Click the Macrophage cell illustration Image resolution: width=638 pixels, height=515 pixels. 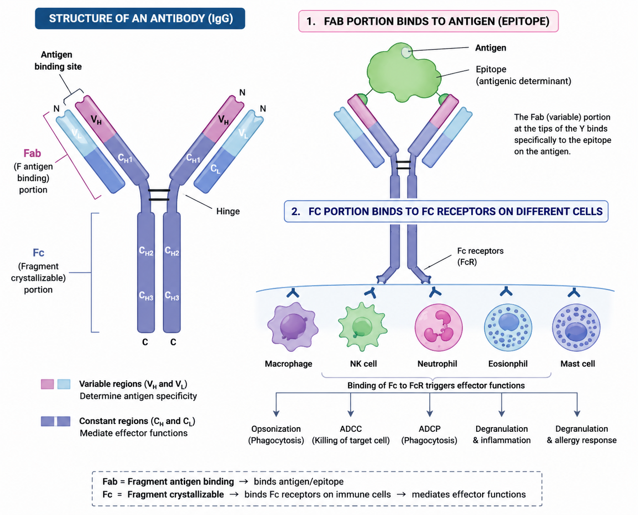(x=292, y=326)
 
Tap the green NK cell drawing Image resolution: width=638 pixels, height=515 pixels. (x=362, y=326)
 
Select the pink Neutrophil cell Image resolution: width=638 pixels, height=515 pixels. (x=439, y=327)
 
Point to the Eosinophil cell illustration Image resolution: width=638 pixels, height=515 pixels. (x=508, y=327)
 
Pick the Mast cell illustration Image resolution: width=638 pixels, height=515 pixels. (x=576, y=327)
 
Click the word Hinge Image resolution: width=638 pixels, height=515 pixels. (x=228, y=212)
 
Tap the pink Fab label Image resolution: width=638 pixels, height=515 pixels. (x=32, y=153)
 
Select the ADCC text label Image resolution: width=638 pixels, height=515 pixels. (x=351, y=429)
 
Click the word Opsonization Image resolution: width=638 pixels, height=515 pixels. (x=276, y=429)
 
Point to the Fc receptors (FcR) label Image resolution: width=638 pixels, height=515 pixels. (x=480, y=256)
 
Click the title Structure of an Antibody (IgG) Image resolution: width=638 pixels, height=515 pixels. (x=140, y=18)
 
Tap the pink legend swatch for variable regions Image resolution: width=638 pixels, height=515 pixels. (x=48, y=384)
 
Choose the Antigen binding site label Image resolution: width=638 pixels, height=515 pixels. (x=58, y=60)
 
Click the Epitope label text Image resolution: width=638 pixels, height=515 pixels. (x=491, y=69)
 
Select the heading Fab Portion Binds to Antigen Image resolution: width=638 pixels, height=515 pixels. (x=428, y=21)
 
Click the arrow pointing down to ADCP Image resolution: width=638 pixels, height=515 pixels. (x=430, y=404)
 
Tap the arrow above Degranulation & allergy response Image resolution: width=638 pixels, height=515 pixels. (x=577, y=404)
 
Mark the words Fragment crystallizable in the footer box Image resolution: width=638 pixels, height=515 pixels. (x=175, y=494)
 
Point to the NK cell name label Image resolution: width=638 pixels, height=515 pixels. (x=363, y=364)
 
